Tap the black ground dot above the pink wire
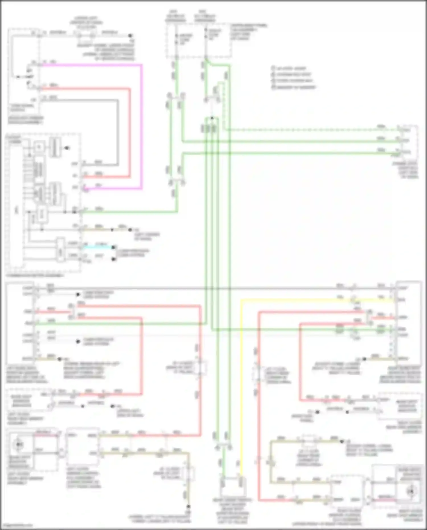(x=130, y=36)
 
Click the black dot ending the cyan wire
(x=114, y=247)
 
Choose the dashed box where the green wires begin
(x=199, y=41)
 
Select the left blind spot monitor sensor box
(x=20, y=322)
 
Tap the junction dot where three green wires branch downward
(x=212, y=118)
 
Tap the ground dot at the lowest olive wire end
(x=188, y=507)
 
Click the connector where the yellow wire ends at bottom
(x=242, y=482)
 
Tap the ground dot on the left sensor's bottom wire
(x=59, y=359)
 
